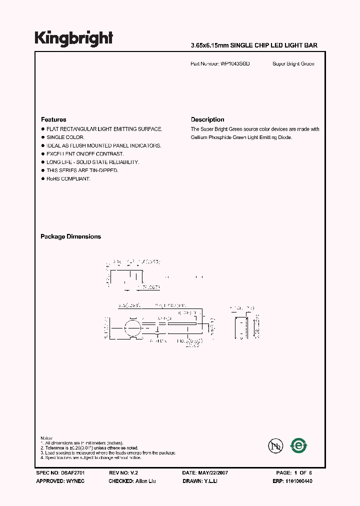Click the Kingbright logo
click(x=73, y=38)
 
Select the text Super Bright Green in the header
click(x=293, y=64)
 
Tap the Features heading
click(x=53, y=119)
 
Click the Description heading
click(x=207, y=119)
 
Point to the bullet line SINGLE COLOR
click(x=65, y=137)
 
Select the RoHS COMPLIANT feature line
click(x=68, y=179)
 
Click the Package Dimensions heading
click(x=70, y=236)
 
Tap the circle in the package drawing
click(x=132, y=330)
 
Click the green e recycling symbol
click(x=299, y=445)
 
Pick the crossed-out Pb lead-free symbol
click(x=275, y=445)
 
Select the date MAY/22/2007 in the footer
click(x=214, y=472)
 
